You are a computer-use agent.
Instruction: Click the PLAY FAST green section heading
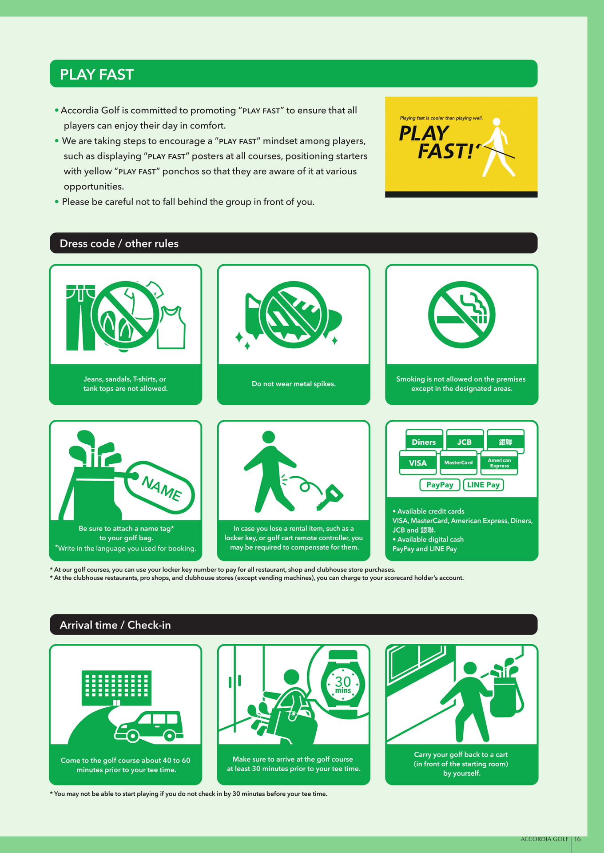[97, 74]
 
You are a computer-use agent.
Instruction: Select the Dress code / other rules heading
[119, 243]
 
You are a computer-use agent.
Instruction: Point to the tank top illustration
[172, 327]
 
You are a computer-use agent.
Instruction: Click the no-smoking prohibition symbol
[461, 315]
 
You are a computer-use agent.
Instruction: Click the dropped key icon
[330, 497]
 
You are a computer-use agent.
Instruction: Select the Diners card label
[424, 442]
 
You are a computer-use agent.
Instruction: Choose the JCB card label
[465, 442]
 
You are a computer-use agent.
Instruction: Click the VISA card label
[417, 463]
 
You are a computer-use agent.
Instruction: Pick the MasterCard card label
[458, 463]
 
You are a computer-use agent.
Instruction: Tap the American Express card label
[499, 463]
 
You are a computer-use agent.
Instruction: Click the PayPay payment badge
[440, 485]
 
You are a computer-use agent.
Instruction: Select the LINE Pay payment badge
[483, 485]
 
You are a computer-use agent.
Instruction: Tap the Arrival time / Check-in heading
[115, 625]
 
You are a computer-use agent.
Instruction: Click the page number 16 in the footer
[577, 839]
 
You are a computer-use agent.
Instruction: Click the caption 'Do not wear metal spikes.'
[294, 384]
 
